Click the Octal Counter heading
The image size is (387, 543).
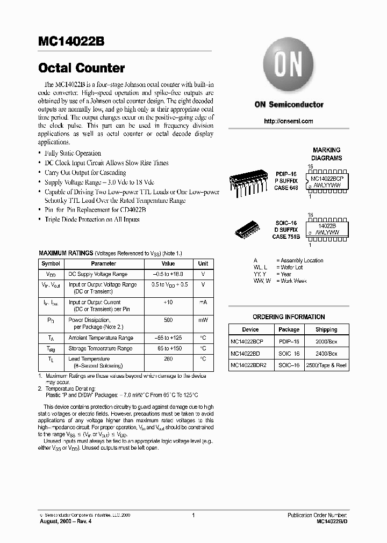81,68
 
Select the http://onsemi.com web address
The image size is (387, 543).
289,121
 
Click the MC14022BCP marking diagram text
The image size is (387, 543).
329,178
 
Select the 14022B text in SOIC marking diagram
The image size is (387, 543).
326,227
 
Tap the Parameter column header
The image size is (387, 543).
103,264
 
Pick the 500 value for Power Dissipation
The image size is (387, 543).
168,320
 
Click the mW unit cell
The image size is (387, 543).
203,320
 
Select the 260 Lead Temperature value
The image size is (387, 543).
168,359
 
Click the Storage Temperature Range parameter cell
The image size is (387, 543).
101,348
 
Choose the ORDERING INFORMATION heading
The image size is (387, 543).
289,317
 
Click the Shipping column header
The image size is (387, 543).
326,329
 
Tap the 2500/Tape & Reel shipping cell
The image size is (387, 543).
326,365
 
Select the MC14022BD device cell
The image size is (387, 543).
245,354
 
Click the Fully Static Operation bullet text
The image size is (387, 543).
73,153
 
